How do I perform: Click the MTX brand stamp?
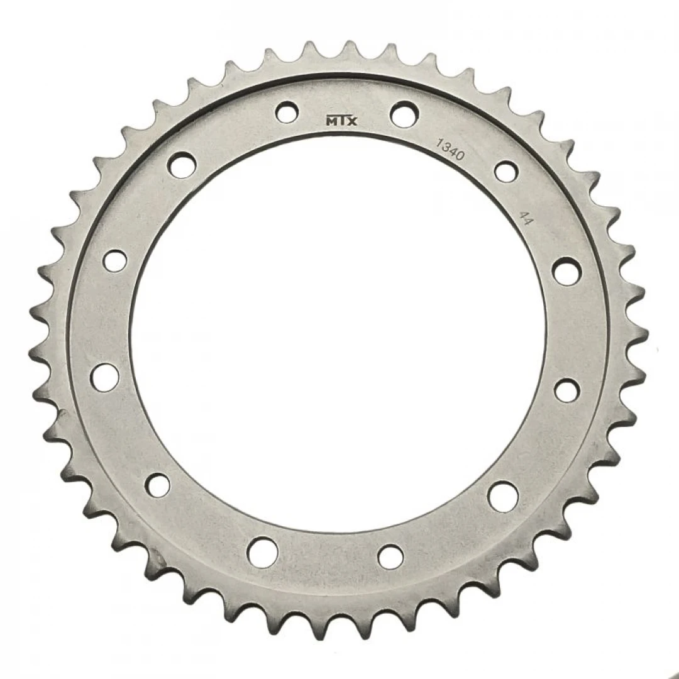coord(341,121)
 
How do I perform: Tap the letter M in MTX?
coord(331,121)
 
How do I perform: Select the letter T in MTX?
coord(342,121)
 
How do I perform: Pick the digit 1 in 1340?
coord(439,143)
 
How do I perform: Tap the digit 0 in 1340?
coord(460,155)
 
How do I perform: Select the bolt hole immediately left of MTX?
coord(287,113)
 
